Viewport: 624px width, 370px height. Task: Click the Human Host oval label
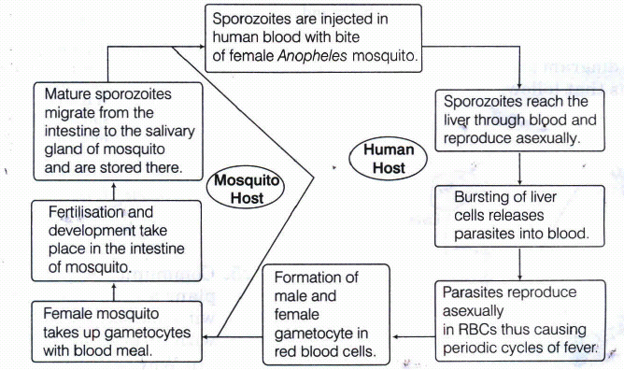[388, 159]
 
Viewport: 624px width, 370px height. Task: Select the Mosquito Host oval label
[246, 189]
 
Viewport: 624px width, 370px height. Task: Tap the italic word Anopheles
[312, 56]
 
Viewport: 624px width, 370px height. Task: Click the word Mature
[68, 94]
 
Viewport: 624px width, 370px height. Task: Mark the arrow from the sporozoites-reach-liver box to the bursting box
[519, 168]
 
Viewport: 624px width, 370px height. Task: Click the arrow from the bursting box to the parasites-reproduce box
[519, 263]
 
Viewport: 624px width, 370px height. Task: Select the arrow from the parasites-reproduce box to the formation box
[413, 337]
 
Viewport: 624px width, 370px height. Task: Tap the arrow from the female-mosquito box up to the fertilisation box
[114, 292]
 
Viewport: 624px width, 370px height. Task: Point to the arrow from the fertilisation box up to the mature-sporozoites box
[114, 191]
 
